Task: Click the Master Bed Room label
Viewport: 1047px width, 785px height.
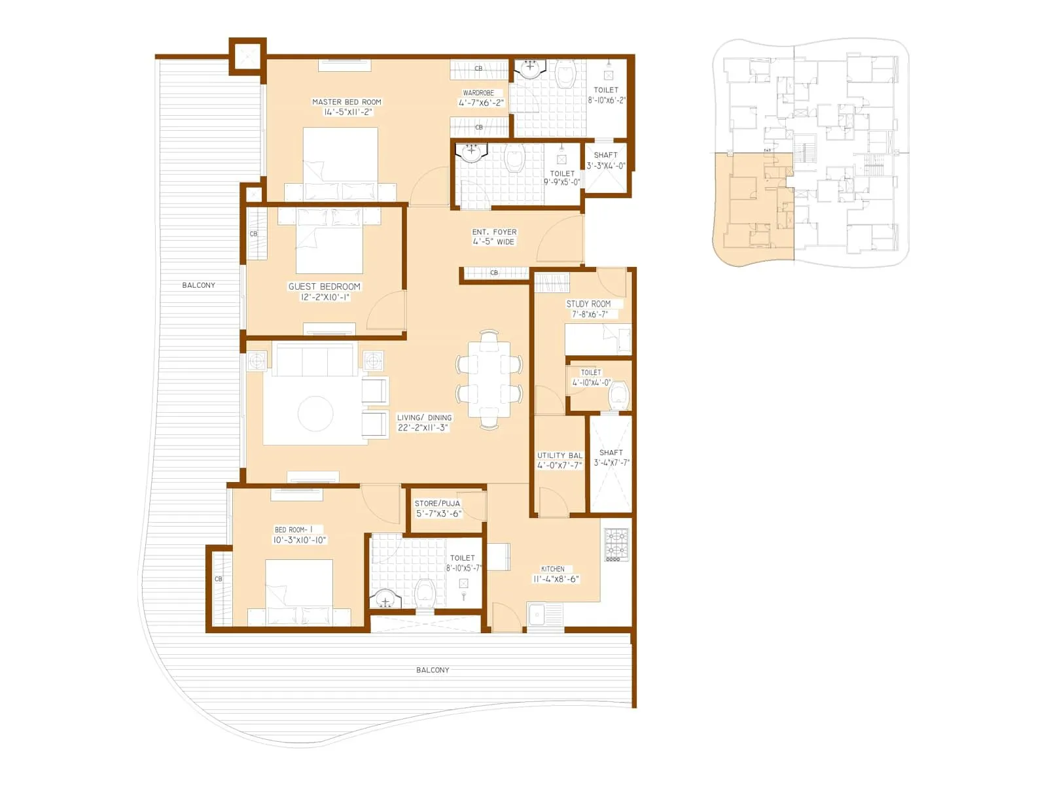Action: point(346,102)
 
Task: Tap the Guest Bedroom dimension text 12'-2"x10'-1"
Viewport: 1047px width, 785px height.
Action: point(325,298)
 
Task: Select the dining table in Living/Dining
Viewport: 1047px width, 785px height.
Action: point(489,379)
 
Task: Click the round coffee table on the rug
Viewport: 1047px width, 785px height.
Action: point(315,413)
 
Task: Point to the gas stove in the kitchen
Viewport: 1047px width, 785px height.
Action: point(616,544)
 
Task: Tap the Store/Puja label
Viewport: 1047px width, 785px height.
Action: point(437,503)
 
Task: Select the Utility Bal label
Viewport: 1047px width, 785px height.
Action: point(559,455)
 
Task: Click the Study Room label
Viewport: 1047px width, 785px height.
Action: point(588,304)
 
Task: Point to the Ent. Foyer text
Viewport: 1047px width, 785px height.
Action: point(494,232)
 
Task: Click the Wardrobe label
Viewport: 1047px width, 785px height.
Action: point(478,93)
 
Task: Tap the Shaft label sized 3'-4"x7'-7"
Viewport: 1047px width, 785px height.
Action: point(611,452)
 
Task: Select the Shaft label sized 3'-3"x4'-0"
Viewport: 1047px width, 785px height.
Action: point(605,155)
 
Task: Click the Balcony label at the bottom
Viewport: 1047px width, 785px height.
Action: point(433,670)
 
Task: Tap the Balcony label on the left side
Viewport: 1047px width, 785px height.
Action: point(198,285)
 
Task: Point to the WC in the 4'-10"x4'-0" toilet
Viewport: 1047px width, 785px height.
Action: point(618,395)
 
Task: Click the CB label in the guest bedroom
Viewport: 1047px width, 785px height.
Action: point(254,234)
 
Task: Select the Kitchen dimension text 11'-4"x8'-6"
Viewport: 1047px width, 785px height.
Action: point(556,579)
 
